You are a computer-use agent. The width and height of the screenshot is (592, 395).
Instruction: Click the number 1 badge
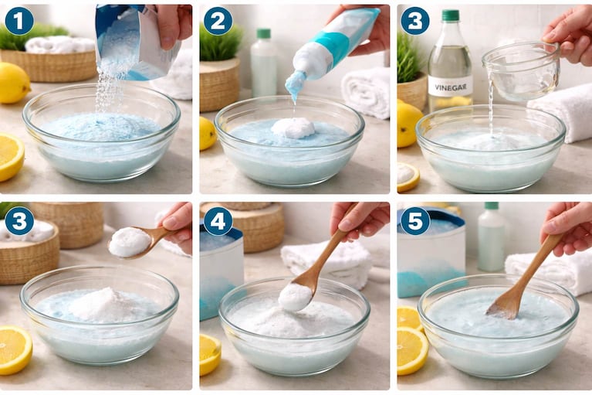point(19,21)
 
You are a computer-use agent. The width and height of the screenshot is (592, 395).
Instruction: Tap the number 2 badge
point(218,21)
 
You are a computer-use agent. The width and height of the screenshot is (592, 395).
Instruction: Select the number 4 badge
point(218,221)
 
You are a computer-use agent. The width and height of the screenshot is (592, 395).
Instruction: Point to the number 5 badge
point(415,221)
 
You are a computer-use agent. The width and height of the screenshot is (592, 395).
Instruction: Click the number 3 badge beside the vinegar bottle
point(415,21)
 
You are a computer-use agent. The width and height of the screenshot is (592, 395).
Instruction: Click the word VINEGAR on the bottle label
point(451,88)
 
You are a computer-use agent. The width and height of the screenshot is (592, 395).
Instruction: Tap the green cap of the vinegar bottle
point(451,15)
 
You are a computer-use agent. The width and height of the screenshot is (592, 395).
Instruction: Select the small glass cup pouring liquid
point(521,71)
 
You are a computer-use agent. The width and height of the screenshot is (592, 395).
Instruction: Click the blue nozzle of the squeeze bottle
point(296,85)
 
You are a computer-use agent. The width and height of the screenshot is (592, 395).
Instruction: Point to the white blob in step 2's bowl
point(293,128)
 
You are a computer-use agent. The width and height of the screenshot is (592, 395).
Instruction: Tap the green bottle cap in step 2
point(263,33)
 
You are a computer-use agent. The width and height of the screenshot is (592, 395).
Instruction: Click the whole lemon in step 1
point(14,83)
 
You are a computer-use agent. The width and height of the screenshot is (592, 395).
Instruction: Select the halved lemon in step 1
point(10,156)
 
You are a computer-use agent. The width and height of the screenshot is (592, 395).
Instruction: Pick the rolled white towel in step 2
point(366,93)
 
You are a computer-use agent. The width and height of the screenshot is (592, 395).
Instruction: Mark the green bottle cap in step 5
point(492,206)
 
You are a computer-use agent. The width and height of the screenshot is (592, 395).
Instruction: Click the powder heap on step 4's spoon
point(295,297)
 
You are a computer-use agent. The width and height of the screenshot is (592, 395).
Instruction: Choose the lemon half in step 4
point(209,355)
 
